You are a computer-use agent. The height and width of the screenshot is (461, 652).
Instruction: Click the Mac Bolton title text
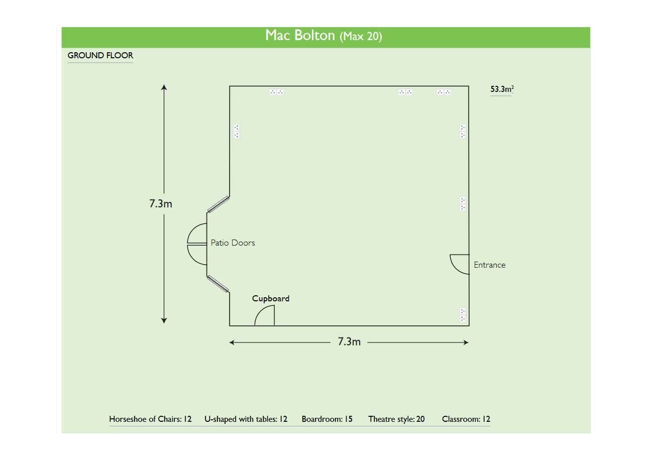(324, 36)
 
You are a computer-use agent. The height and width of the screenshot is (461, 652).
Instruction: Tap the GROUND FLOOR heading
(100, 56)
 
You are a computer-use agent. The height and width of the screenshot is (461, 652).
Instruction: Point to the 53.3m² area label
(502, 89)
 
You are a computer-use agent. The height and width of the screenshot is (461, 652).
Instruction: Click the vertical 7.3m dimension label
(161, 203)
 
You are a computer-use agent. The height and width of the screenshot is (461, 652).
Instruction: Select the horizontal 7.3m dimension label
(349, 342)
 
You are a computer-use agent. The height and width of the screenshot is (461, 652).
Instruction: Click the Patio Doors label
(233, 243)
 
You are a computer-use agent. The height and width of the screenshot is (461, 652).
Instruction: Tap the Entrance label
(489, 265)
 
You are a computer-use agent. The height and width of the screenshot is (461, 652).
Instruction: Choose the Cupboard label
(271, 299)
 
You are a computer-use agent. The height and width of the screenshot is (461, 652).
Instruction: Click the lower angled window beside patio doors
(219, 284)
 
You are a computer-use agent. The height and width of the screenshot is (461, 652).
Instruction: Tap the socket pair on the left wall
(236, 132)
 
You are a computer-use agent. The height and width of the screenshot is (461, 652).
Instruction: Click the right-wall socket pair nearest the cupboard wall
(463, 315)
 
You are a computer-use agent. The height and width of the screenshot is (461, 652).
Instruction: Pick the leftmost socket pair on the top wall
(276, 92)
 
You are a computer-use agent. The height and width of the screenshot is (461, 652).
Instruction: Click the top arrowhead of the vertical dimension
(164, 88)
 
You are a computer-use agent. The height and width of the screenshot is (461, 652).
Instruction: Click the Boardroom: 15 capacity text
(327, 419)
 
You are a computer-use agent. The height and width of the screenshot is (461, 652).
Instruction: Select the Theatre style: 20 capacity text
(396, 419)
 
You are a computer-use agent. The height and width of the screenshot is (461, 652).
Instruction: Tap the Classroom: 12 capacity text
(466, 419)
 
